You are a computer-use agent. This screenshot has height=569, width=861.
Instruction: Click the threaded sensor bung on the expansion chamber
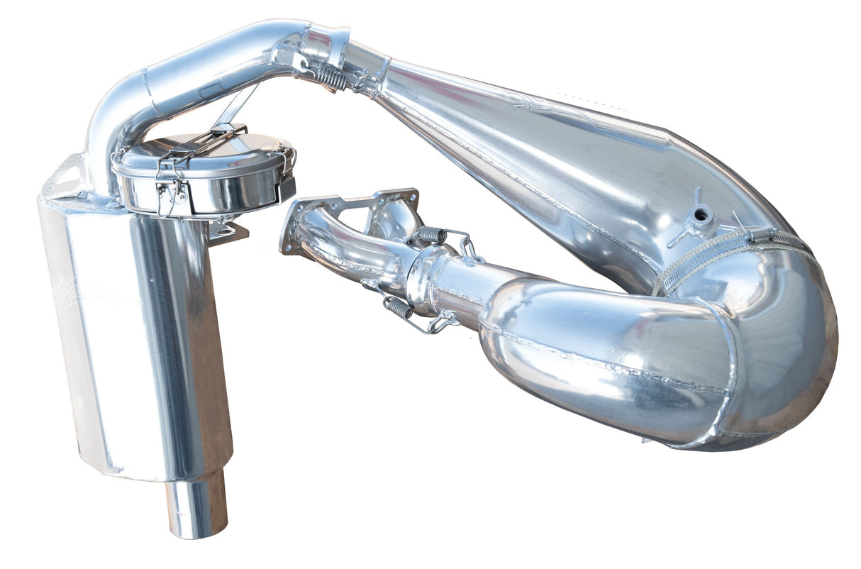(x=701, y=214)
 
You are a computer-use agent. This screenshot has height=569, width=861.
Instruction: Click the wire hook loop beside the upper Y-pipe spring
(x=467, y=245)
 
